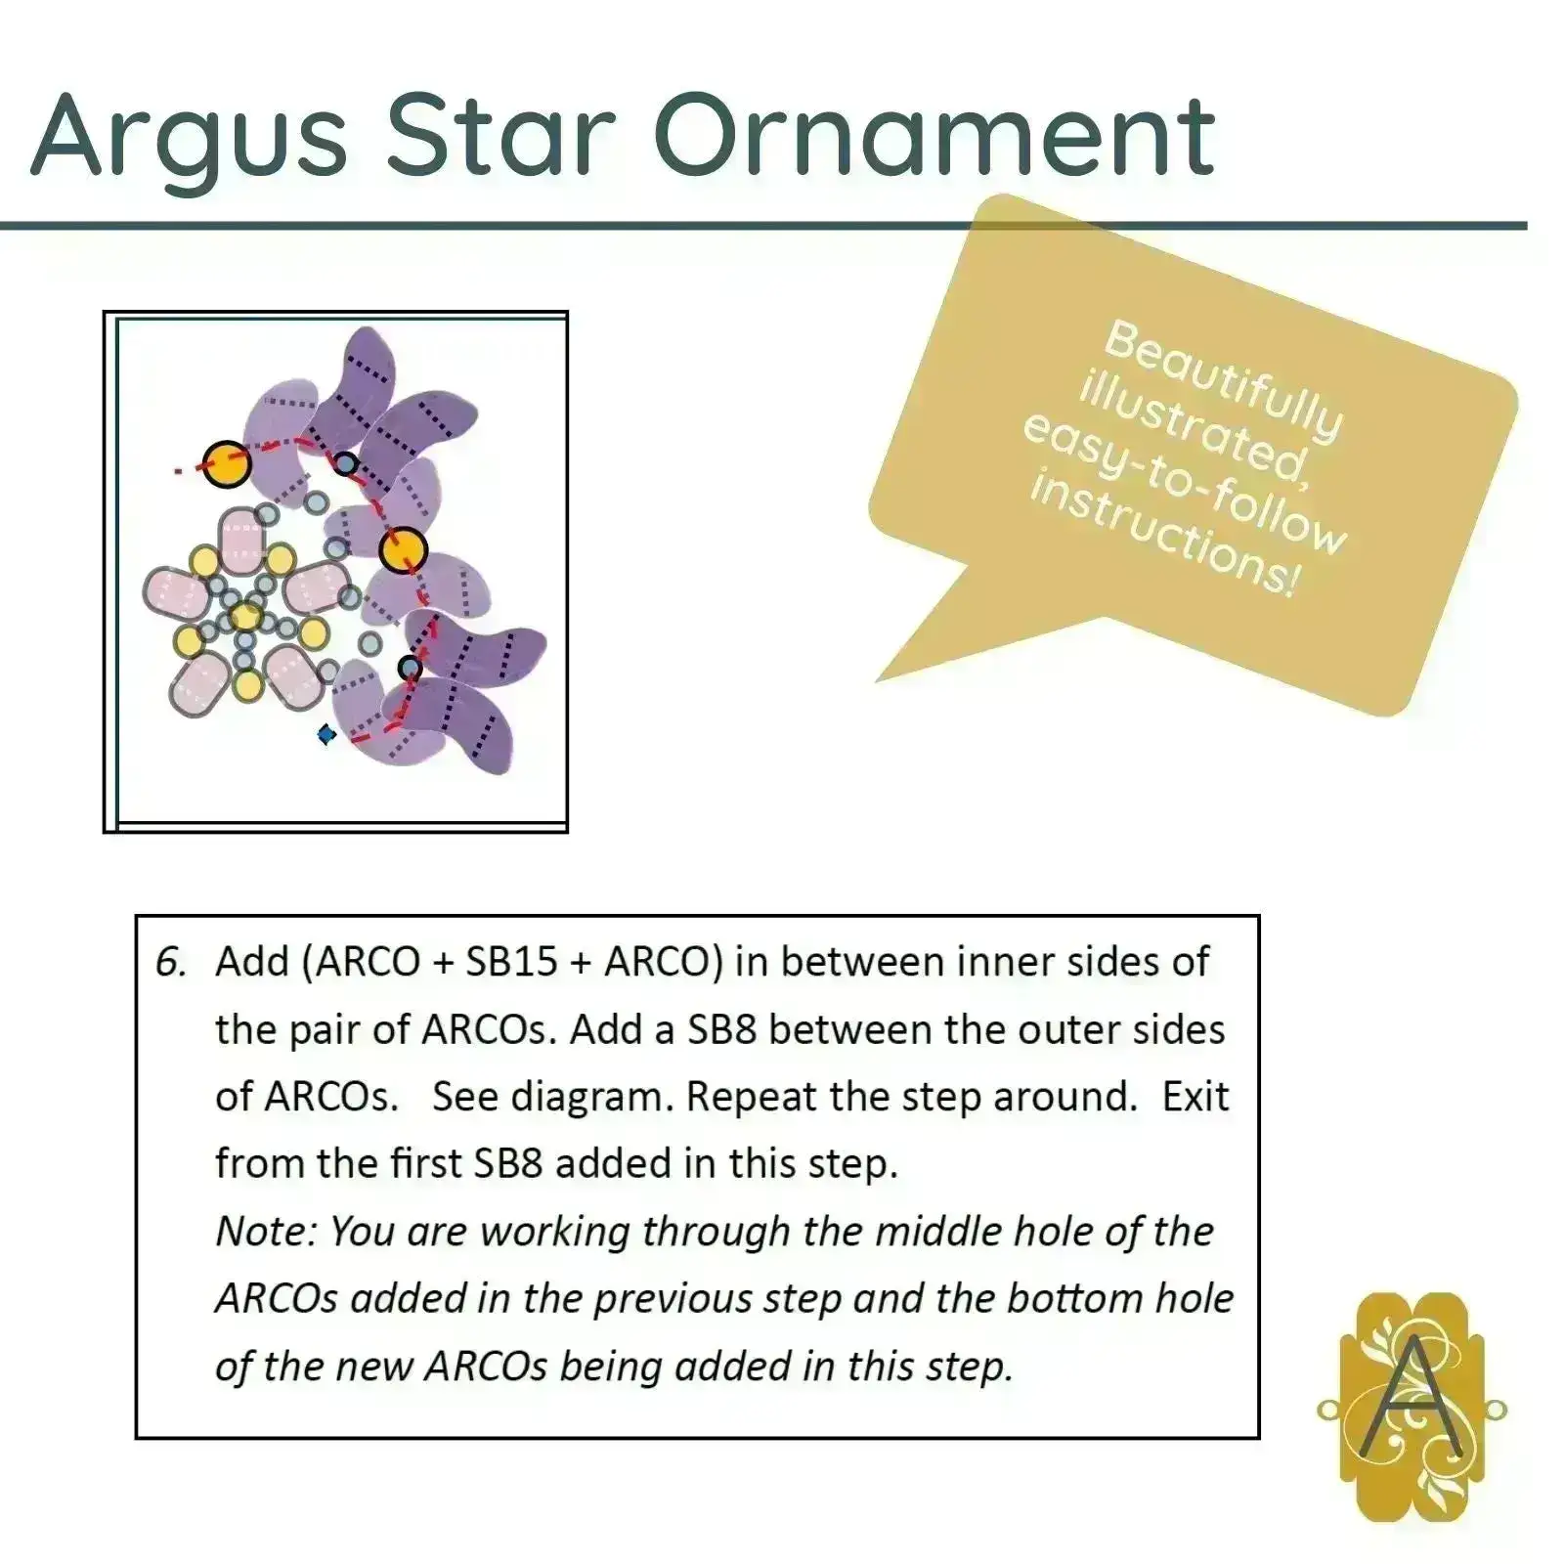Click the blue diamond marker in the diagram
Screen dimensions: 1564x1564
(x=326, y=733)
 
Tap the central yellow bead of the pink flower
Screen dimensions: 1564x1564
(x=245, y=616)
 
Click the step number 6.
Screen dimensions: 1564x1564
(x=170, y=963)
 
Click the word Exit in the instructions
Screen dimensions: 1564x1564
(x=1195, y=1097)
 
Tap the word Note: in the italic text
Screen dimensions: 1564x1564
(x=265, y=1232)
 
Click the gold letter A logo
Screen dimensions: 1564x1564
(x=1412, y=1408)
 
